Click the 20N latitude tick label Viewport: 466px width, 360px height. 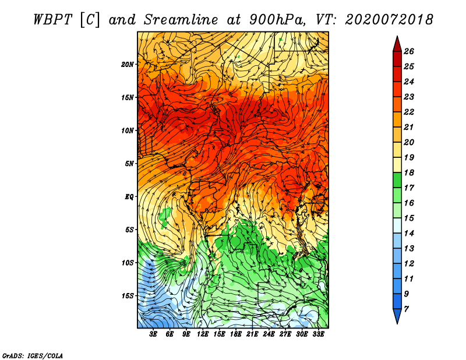(128, 65)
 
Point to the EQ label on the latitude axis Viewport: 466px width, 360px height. (129, 197)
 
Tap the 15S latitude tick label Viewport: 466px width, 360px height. (128, 296)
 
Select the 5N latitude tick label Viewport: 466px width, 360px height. (129, 164)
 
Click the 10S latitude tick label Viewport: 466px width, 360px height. (128, 263)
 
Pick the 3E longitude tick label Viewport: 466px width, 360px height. (153, 334)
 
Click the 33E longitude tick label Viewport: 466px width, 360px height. (318, 334)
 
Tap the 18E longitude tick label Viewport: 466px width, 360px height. (236, 334)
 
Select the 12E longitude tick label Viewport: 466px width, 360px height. (203, 334)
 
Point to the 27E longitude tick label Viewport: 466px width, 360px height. (285, 334)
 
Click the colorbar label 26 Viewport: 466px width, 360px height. (409, 51)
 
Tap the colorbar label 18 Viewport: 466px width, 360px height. (409, 172)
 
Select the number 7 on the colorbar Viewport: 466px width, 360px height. (406, 309)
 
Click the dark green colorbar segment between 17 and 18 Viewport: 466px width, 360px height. (397, 180)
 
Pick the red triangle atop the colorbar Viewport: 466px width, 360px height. (397, 45)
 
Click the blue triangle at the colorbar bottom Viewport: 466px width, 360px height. (397, 316)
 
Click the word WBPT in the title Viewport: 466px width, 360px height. (53, 20)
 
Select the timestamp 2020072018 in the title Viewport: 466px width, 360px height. (389, 20)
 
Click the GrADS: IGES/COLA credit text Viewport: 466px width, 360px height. (33, 356)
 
